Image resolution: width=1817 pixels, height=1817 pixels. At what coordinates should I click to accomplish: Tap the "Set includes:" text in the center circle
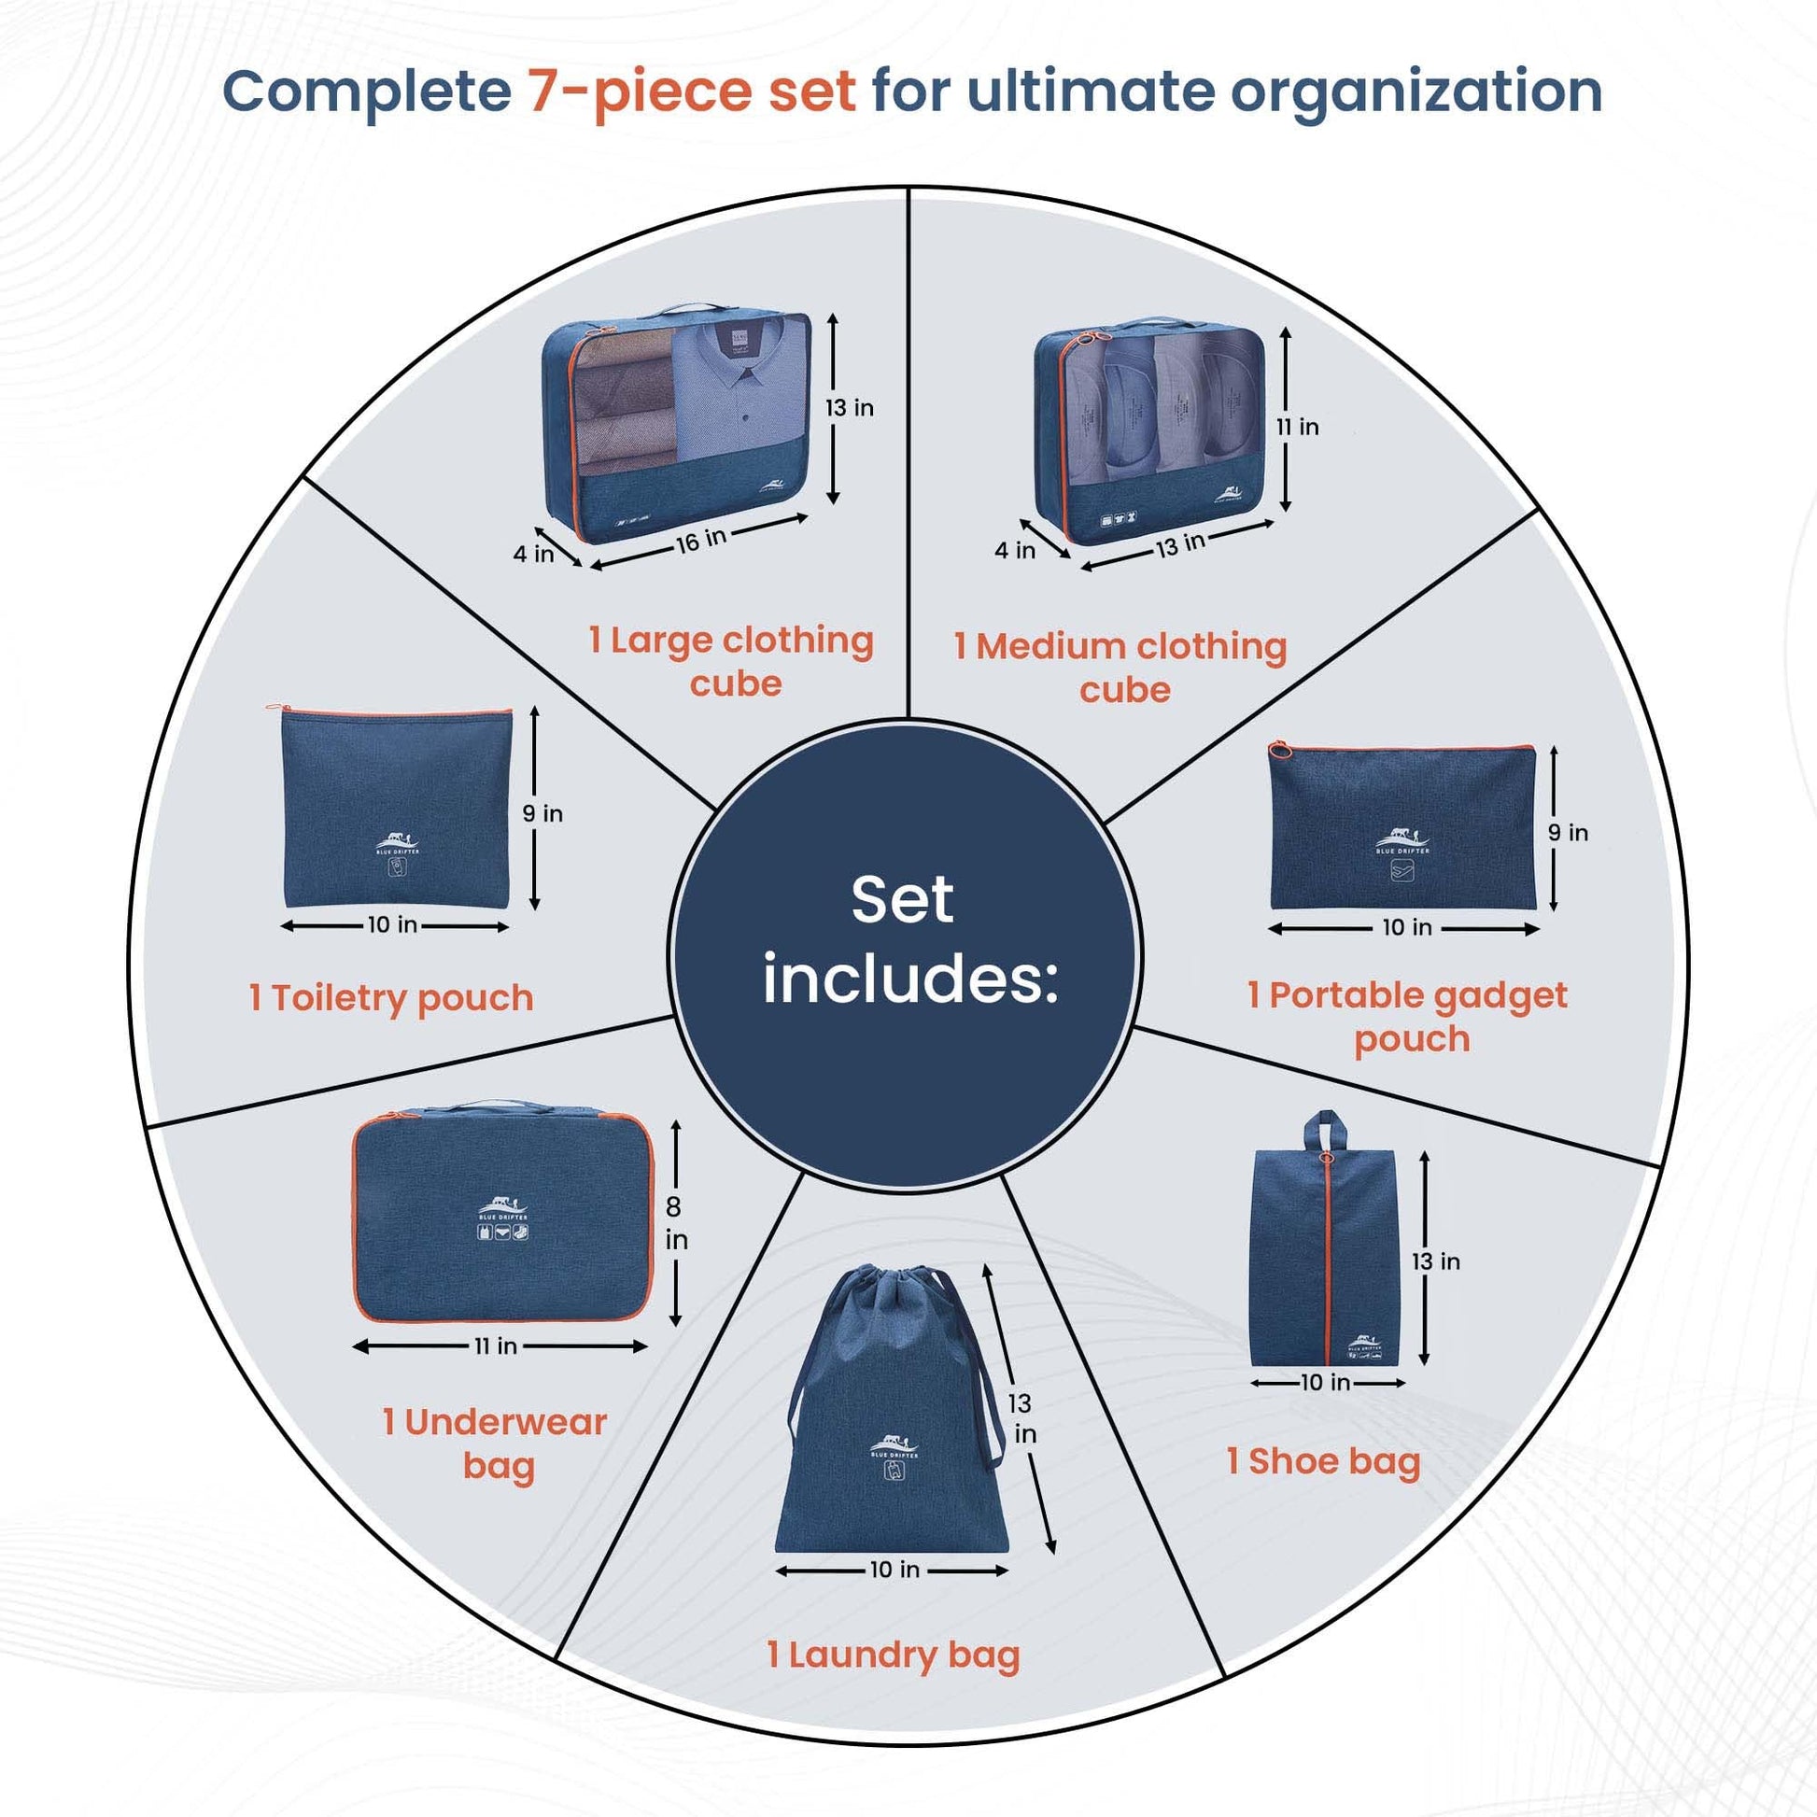click(908, 940)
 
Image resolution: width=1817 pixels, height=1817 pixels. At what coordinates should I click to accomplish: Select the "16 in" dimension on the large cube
click(701, 540)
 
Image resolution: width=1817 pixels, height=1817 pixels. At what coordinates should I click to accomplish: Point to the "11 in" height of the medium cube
click(1297, 427)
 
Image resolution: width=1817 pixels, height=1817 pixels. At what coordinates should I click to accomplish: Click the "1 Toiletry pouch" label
click(391, 998)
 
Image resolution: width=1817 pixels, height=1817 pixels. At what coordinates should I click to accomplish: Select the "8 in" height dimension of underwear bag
click(675, 1222)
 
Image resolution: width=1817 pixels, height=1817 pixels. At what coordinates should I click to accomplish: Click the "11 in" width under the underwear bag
click(496, 1346)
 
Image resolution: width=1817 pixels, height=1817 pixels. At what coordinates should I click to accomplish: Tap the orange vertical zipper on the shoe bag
click(1326, 1261)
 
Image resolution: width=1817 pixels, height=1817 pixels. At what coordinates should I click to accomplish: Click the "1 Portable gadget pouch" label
click(1408, 1018)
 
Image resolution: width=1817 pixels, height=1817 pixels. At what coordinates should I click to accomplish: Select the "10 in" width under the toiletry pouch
click(392, 925)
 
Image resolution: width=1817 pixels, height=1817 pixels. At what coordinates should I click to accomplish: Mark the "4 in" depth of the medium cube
click(1015, 550)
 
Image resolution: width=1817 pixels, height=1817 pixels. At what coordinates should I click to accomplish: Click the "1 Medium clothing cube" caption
click(1120, 668)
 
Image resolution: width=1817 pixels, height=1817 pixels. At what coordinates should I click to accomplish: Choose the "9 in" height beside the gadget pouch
click(1569, 832)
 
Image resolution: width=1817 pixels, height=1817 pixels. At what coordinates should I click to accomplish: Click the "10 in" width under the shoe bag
click(1326, 1383)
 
